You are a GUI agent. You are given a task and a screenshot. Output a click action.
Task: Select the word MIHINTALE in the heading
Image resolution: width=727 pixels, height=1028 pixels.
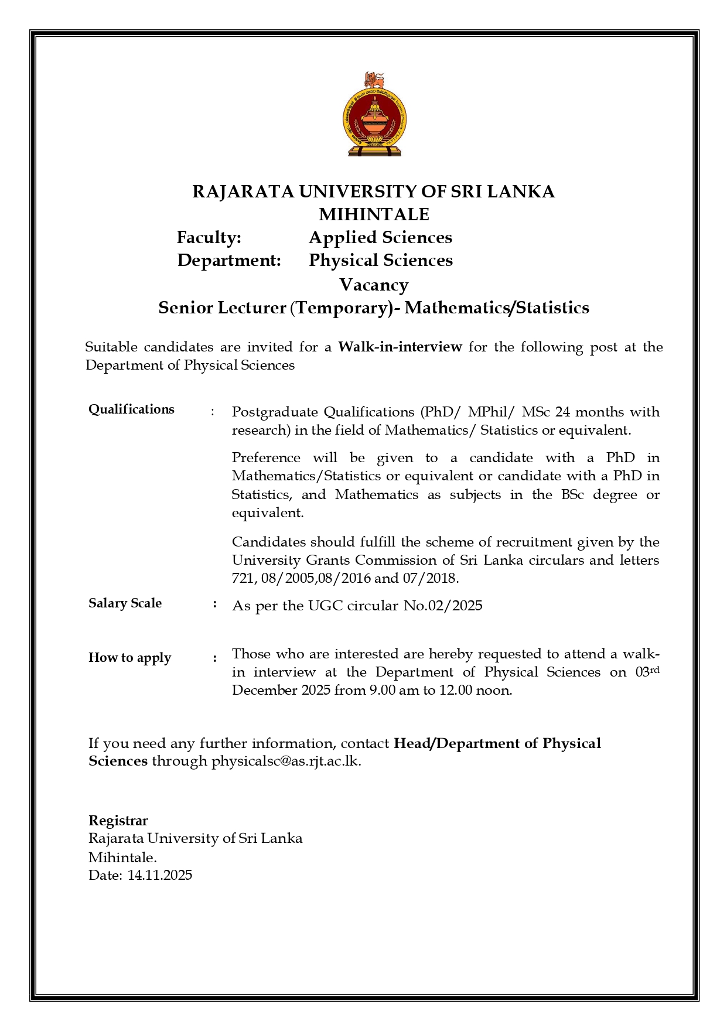374,214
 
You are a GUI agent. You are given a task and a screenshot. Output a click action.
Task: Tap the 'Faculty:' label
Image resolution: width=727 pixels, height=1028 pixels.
209,237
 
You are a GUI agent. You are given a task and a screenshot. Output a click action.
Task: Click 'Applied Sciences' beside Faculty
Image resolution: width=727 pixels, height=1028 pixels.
380,237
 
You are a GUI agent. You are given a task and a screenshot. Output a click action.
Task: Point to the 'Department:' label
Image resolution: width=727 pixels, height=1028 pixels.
229,260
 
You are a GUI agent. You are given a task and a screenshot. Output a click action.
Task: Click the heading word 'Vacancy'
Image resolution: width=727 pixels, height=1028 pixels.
374,285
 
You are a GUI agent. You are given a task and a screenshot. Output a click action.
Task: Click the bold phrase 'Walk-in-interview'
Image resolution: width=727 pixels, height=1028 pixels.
400,347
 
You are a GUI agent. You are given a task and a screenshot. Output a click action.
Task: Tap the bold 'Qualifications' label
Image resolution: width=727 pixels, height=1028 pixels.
131,409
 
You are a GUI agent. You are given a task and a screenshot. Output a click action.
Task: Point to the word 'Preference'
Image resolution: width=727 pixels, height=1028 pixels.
266,457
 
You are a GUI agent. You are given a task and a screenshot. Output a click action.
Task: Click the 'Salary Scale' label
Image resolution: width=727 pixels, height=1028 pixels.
125,603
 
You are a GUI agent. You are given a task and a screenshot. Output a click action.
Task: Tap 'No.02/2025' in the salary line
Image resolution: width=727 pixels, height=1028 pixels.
443,606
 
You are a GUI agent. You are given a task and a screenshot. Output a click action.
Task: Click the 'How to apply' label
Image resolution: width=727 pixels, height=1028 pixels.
129,658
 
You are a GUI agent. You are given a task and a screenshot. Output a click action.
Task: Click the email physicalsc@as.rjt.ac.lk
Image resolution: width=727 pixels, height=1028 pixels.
286,761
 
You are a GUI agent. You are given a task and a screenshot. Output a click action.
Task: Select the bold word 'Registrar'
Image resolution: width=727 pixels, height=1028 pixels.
118,821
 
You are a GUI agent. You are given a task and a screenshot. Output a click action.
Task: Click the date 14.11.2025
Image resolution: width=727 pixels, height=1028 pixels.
160,875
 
